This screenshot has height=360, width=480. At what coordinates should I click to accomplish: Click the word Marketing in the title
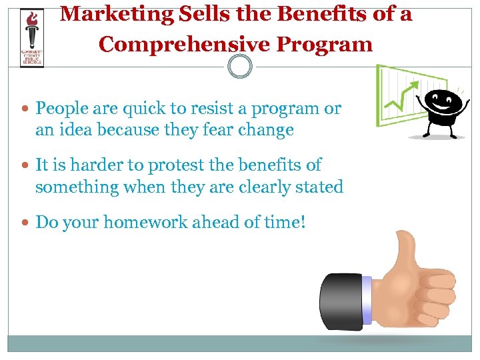pyautogui.click(x=117, y=13)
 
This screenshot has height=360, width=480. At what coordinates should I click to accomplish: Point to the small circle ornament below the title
pyautogui.click(x=239, y=67)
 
